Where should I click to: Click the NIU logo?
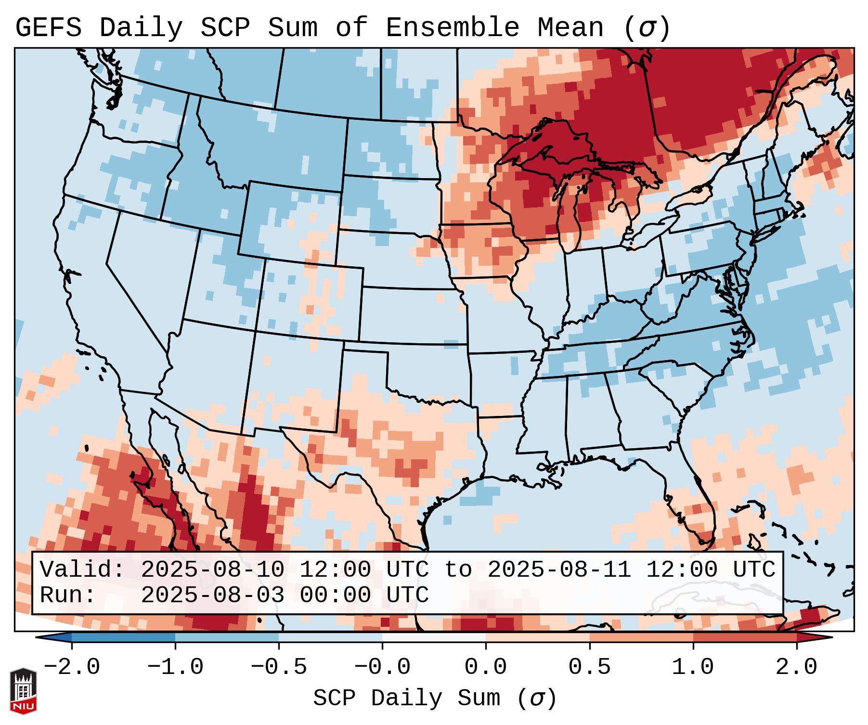[23, 690]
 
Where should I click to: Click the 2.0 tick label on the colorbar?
[796, 667]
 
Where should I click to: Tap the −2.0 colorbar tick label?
[72, 667]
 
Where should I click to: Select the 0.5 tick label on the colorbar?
[589, 667]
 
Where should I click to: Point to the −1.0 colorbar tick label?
[175, 667]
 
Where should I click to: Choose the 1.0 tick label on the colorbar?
[693, 667]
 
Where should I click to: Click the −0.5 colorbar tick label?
[279, 667]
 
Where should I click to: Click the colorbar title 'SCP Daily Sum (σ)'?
[434, 698]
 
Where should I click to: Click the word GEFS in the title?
[48, 28]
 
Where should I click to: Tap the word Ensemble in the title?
[452, 28]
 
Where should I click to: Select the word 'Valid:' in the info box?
[82, 570]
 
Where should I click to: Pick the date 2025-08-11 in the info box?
[559, 570]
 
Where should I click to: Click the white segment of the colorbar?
[434, 637]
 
